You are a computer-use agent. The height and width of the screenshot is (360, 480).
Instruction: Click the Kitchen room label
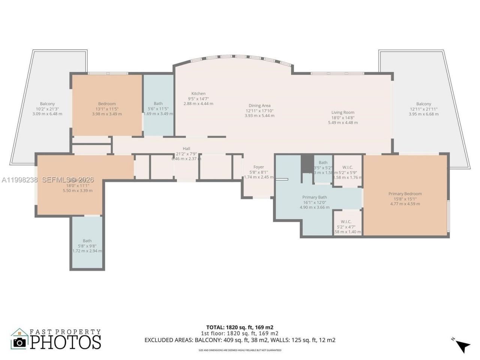point(198,94)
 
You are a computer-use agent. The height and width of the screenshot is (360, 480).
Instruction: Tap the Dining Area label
point(259,106)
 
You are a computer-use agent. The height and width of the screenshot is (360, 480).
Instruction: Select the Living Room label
point(343,112)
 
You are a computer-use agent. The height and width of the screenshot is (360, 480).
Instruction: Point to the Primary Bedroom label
point(405,194)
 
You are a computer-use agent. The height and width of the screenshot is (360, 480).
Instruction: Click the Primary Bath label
point(315,197)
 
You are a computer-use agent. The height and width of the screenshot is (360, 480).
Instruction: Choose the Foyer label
point(258,167)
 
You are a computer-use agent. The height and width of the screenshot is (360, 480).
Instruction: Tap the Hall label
point(186,149)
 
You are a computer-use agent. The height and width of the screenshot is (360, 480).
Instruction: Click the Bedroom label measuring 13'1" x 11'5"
point(107,104)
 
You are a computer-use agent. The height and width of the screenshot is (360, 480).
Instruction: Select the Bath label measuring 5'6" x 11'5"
point(158,104)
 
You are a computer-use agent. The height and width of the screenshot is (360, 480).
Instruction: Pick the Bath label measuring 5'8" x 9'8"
point(87,241)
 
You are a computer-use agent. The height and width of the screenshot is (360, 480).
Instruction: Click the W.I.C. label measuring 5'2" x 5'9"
point(347,168)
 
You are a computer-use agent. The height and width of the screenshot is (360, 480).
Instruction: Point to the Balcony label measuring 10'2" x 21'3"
point(47,104)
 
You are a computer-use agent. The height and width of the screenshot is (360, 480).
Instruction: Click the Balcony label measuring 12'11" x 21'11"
point(423,104)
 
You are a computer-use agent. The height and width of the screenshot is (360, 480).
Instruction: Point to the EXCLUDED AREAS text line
point(240,340)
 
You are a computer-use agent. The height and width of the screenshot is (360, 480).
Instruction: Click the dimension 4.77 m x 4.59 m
point(405,204)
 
